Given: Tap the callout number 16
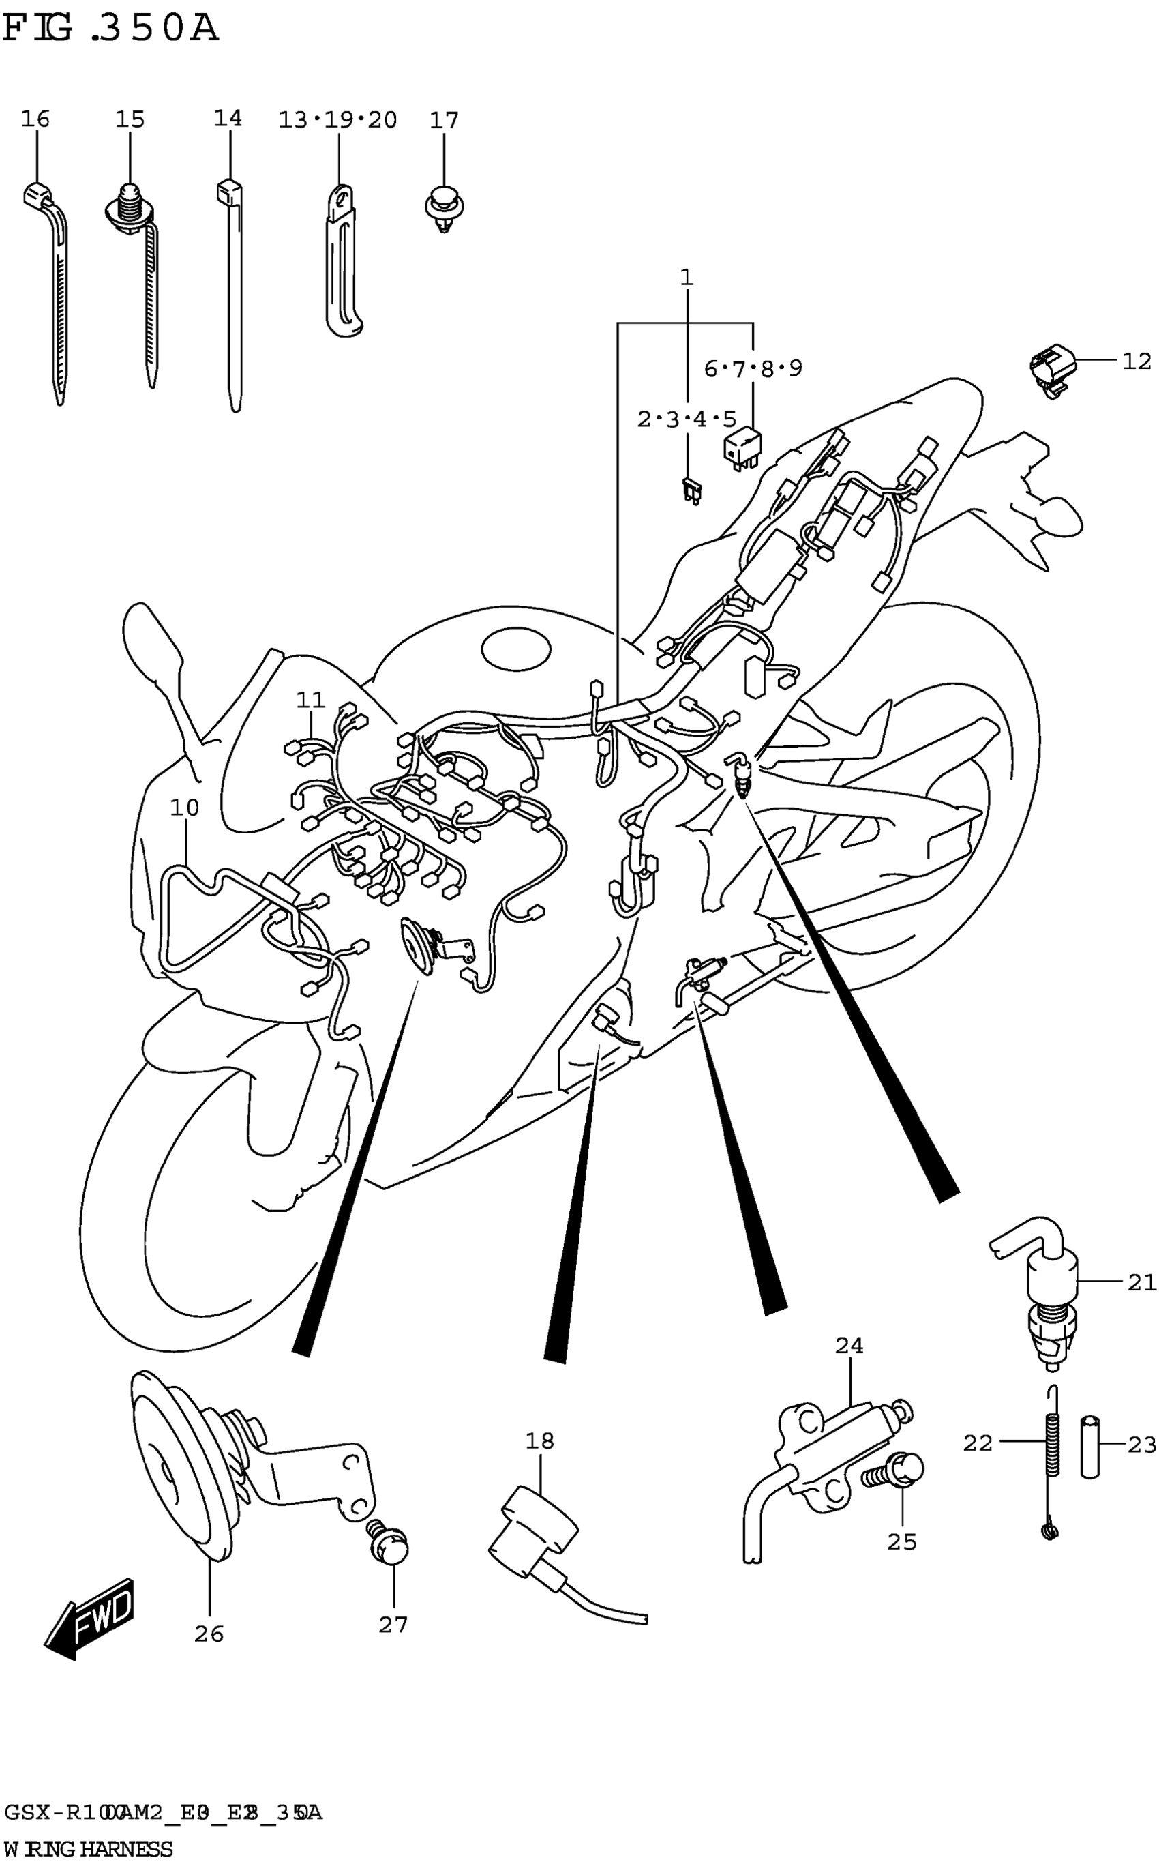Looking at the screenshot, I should [x=35, y=119].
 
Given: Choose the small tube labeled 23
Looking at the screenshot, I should [x=1090, y=1447].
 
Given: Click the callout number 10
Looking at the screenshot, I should [x=184, y=808].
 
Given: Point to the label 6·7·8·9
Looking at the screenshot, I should [x=753, y=369].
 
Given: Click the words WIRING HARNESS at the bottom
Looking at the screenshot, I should [x=88, y=1849].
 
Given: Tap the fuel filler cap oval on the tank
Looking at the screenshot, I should [x=516, y=649].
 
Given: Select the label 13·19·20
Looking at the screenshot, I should [x=337, y=119].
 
